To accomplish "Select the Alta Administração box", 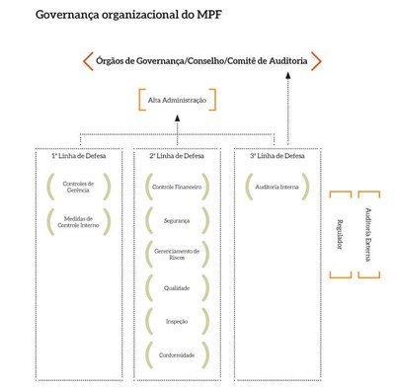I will coord(176,100).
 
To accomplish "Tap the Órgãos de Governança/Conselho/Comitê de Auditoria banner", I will coord(201,61).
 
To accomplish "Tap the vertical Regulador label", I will coord(339,233).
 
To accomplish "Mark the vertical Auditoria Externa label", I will coord(367,233).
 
